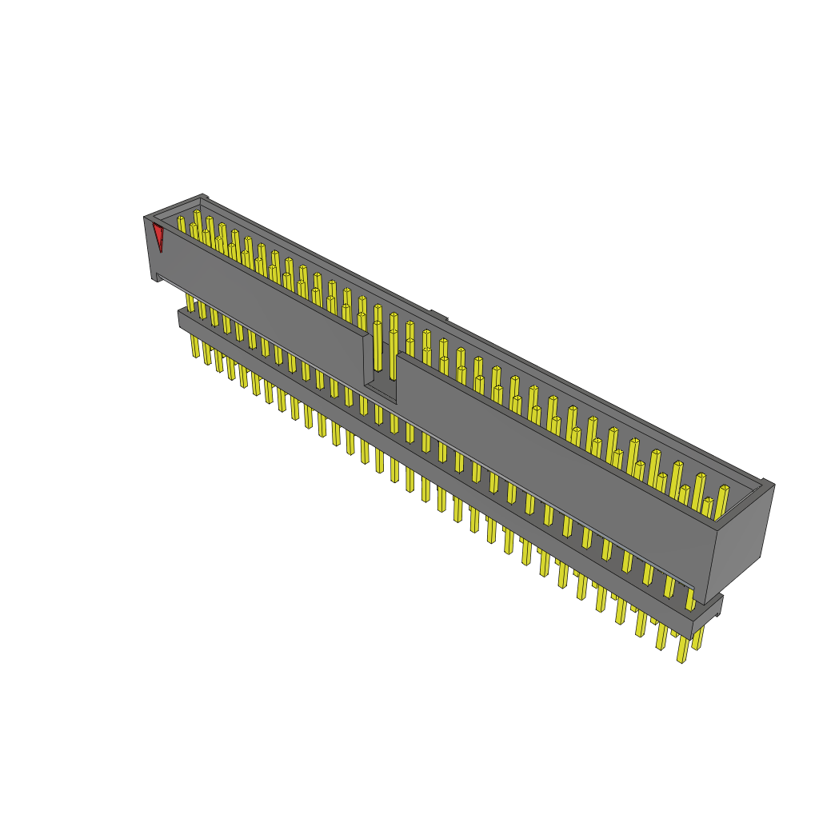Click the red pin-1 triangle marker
coord(158,236)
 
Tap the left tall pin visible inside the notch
coord(378,344)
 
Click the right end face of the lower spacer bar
coord(707,615)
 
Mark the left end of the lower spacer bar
coord(182,318)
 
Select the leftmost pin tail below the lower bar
coord(195,346)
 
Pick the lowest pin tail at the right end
coord(682,649)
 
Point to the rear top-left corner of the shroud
coord(204,197)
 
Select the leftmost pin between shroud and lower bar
coord(190,302)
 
